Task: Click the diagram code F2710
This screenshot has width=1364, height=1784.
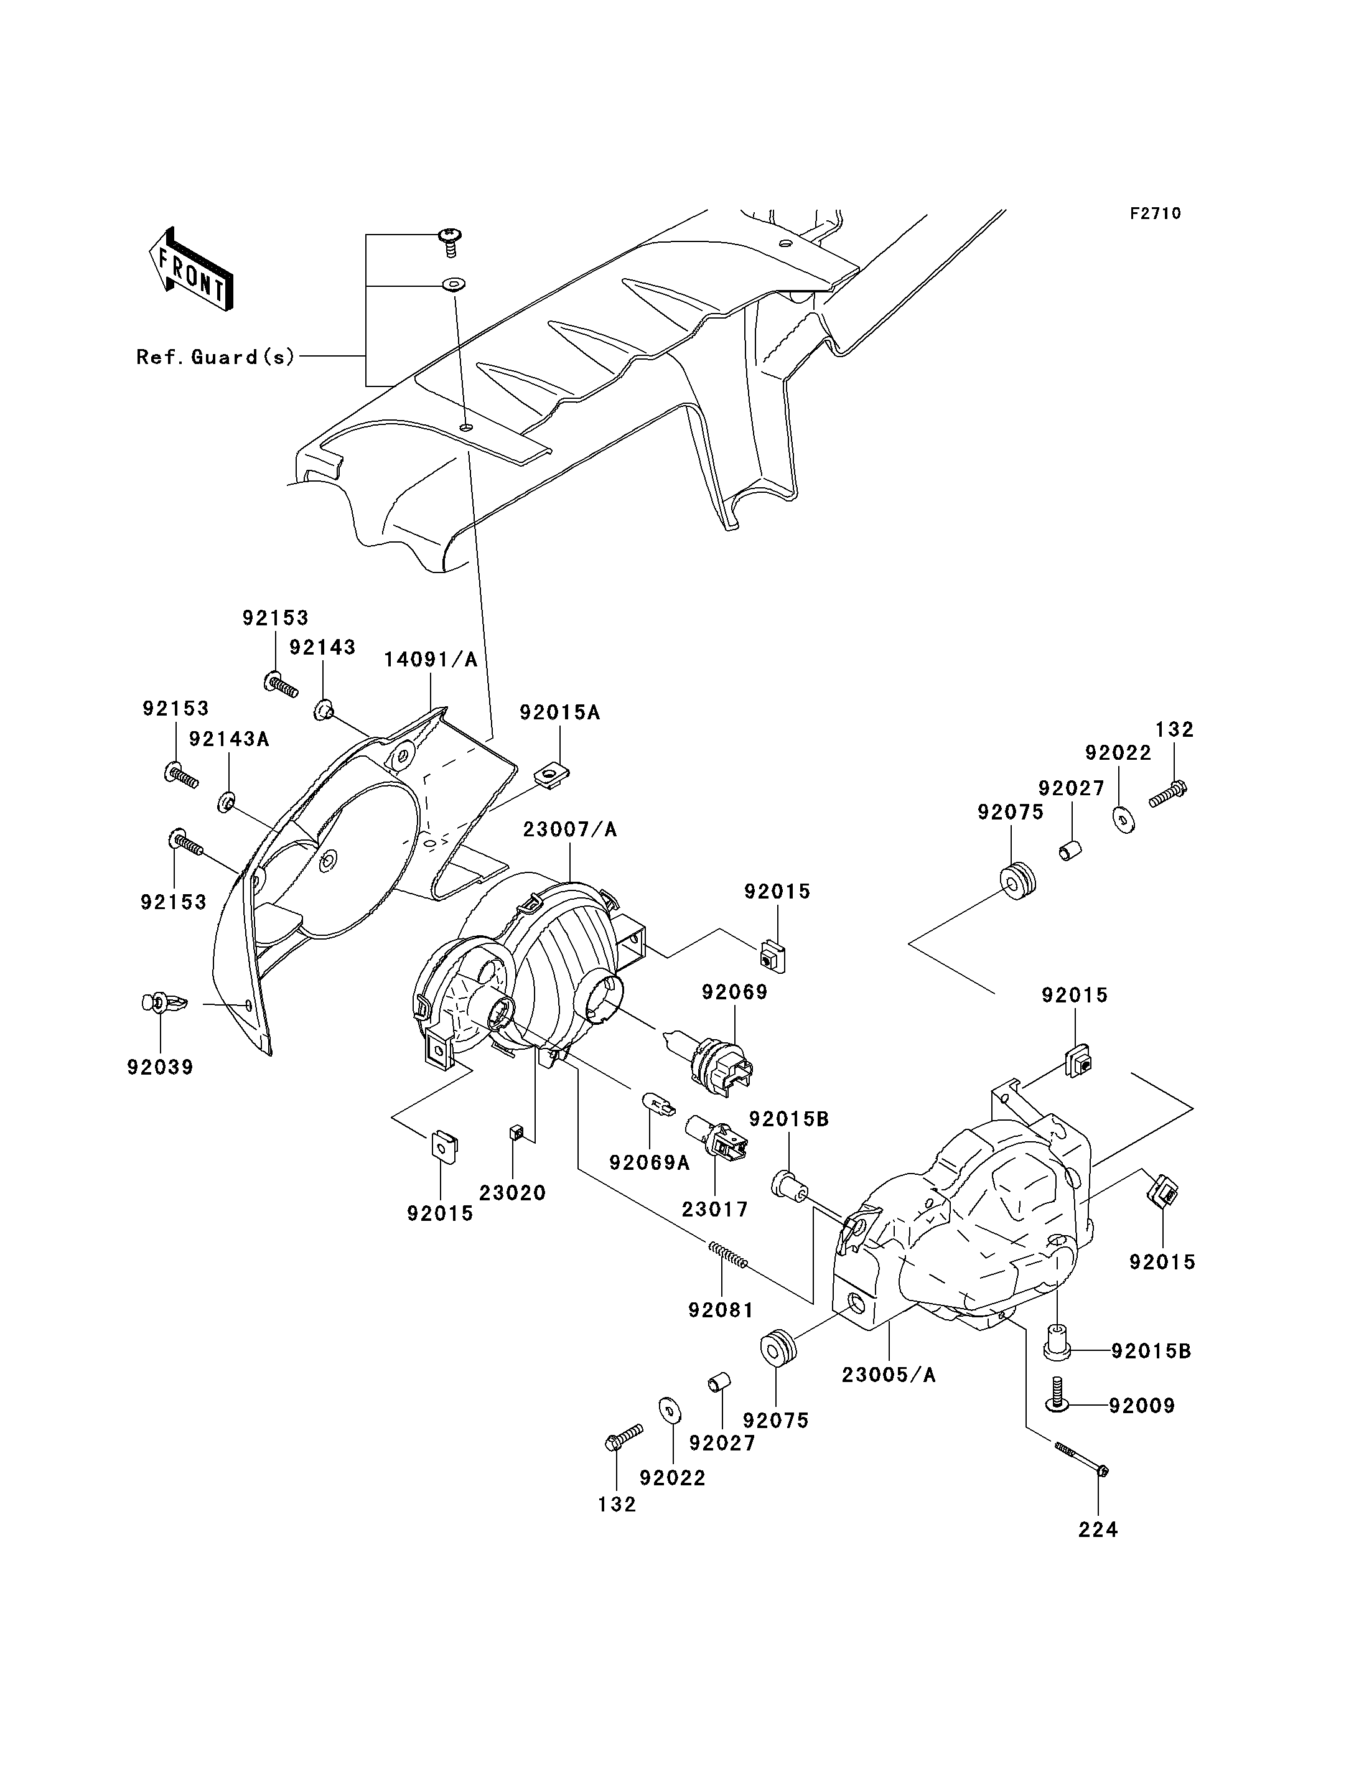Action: (1156, 213)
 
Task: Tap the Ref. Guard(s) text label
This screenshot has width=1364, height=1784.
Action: (216, 357)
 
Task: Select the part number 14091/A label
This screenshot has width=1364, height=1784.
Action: (431, 660)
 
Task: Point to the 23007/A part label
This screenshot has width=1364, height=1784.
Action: (570, 830)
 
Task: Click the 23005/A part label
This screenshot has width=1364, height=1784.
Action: (889, 1375)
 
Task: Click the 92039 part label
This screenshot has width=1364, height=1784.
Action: (161, 1067)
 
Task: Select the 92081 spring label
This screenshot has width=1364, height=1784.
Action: (721, 1310)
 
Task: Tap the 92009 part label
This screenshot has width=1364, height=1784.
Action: (1142, 1406)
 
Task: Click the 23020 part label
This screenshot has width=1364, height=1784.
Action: (512, 1193)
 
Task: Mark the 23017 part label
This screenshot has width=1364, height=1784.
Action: (715, 1209)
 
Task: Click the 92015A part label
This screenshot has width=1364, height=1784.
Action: (560, 712)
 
